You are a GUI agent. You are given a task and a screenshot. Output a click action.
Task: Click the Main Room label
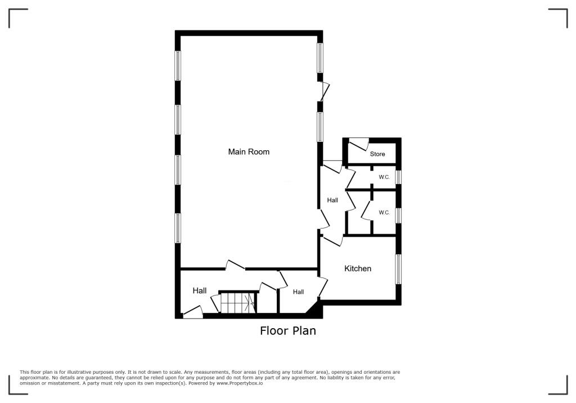[x=248, y=151]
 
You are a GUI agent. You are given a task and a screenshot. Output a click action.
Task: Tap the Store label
[x=377, y=154]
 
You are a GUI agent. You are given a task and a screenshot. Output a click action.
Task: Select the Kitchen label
[x=358, y=268]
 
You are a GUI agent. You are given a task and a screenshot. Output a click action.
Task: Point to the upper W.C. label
[x=384, y=177]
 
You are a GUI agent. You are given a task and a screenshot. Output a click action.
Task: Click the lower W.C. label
[x=384, y=213]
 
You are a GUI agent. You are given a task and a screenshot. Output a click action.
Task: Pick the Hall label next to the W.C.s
[x=332, y=200]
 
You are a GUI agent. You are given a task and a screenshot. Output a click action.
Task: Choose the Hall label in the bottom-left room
[x=200, y=290]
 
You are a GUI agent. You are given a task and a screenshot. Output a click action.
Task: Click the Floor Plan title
[x=287, y=331]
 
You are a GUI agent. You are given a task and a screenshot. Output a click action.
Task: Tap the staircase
[x=237, y=303]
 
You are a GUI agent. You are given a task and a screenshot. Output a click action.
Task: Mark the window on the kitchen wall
[x=398, y=269]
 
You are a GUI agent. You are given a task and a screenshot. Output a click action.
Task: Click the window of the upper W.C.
[x=398, y=177]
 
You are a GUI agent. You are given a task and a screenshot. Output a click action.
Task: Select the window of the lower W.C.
[x=398, y=216]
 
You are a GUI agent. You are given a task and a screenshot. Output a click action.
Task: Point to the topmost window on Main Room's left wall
[x=178, y=65]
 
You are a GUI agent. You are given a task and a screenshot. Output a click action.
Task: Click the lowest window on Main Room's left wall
[x=178, y=228]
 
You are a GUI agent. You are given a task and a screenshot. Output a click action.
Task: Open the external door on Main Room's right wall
[x=323, y=92]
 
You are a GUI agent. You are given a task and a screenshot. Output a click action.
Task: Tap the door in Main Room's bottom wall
[x=235, y=265]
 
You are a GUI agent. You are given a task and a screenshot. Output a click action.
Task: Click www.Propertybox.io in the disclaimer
[x=240, y=383]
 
